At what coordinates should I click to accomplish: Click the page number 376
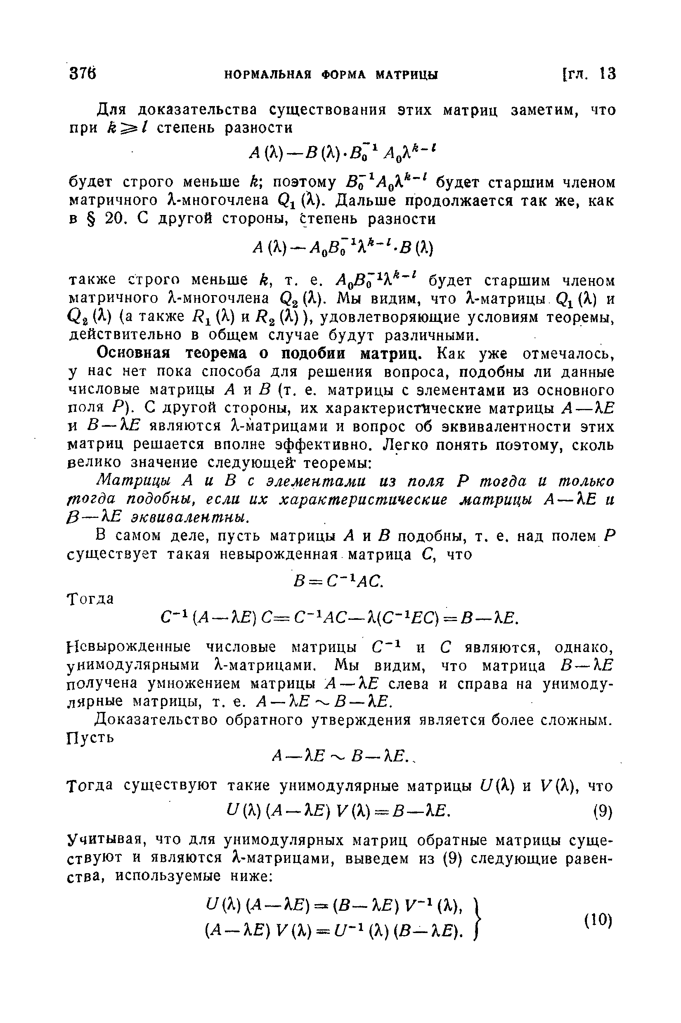[82, 74]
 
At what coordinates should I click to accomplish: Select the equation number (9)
[602, 811]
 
